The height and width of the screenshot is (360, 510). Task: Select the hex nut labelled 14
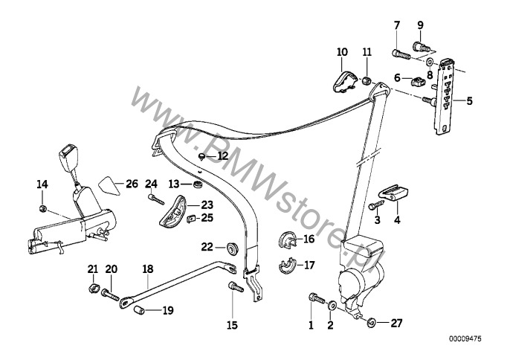coord(43,208)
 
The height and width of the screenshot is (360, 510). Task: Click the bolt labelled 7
coord(398,53)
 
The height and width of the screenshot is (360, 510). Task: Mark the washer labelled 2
coord(332,306)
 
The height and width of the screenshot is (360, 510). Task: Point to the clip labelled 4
coord(395,193)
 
